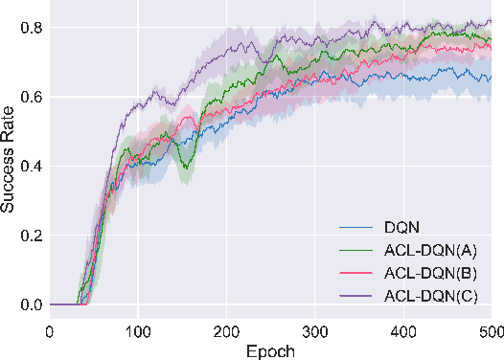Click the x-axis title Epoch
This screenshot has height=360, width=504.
[x=270, y=349]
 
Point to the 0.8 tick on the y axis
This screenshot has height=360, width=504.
[x=33, y=28]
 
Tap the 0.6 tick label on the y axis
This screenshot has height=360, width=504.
[x=33, y=97]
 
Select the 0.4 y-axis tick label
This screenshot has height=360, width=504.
[x=33, y=167]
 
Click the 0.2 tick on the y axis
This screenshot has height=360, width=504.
[x=33, y=236]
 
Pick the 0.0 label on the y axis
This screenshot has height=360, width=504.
[x=33, y=305]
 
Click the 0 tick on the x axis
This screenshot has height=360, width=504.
[x=50, y=330]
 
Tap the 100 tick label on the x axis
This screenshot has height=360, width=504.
[x=138, y=330]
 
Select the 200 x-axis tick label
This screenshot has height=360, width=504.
[x=226, y=330]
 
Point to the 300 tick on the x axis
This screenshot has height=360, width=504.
[x=314, y=330]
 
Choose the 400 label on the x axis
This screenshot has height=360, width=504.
[x=402, y=330]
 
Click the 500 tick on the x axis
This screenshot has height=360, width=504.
[x=490, y=330]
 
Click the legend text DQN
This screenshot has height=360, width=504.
[x=402, y=229]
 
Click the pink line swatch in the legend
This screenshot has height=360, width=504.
[x=357, y=271]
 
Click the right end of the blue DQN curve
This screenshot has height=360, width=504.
[x=490, y=79]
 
